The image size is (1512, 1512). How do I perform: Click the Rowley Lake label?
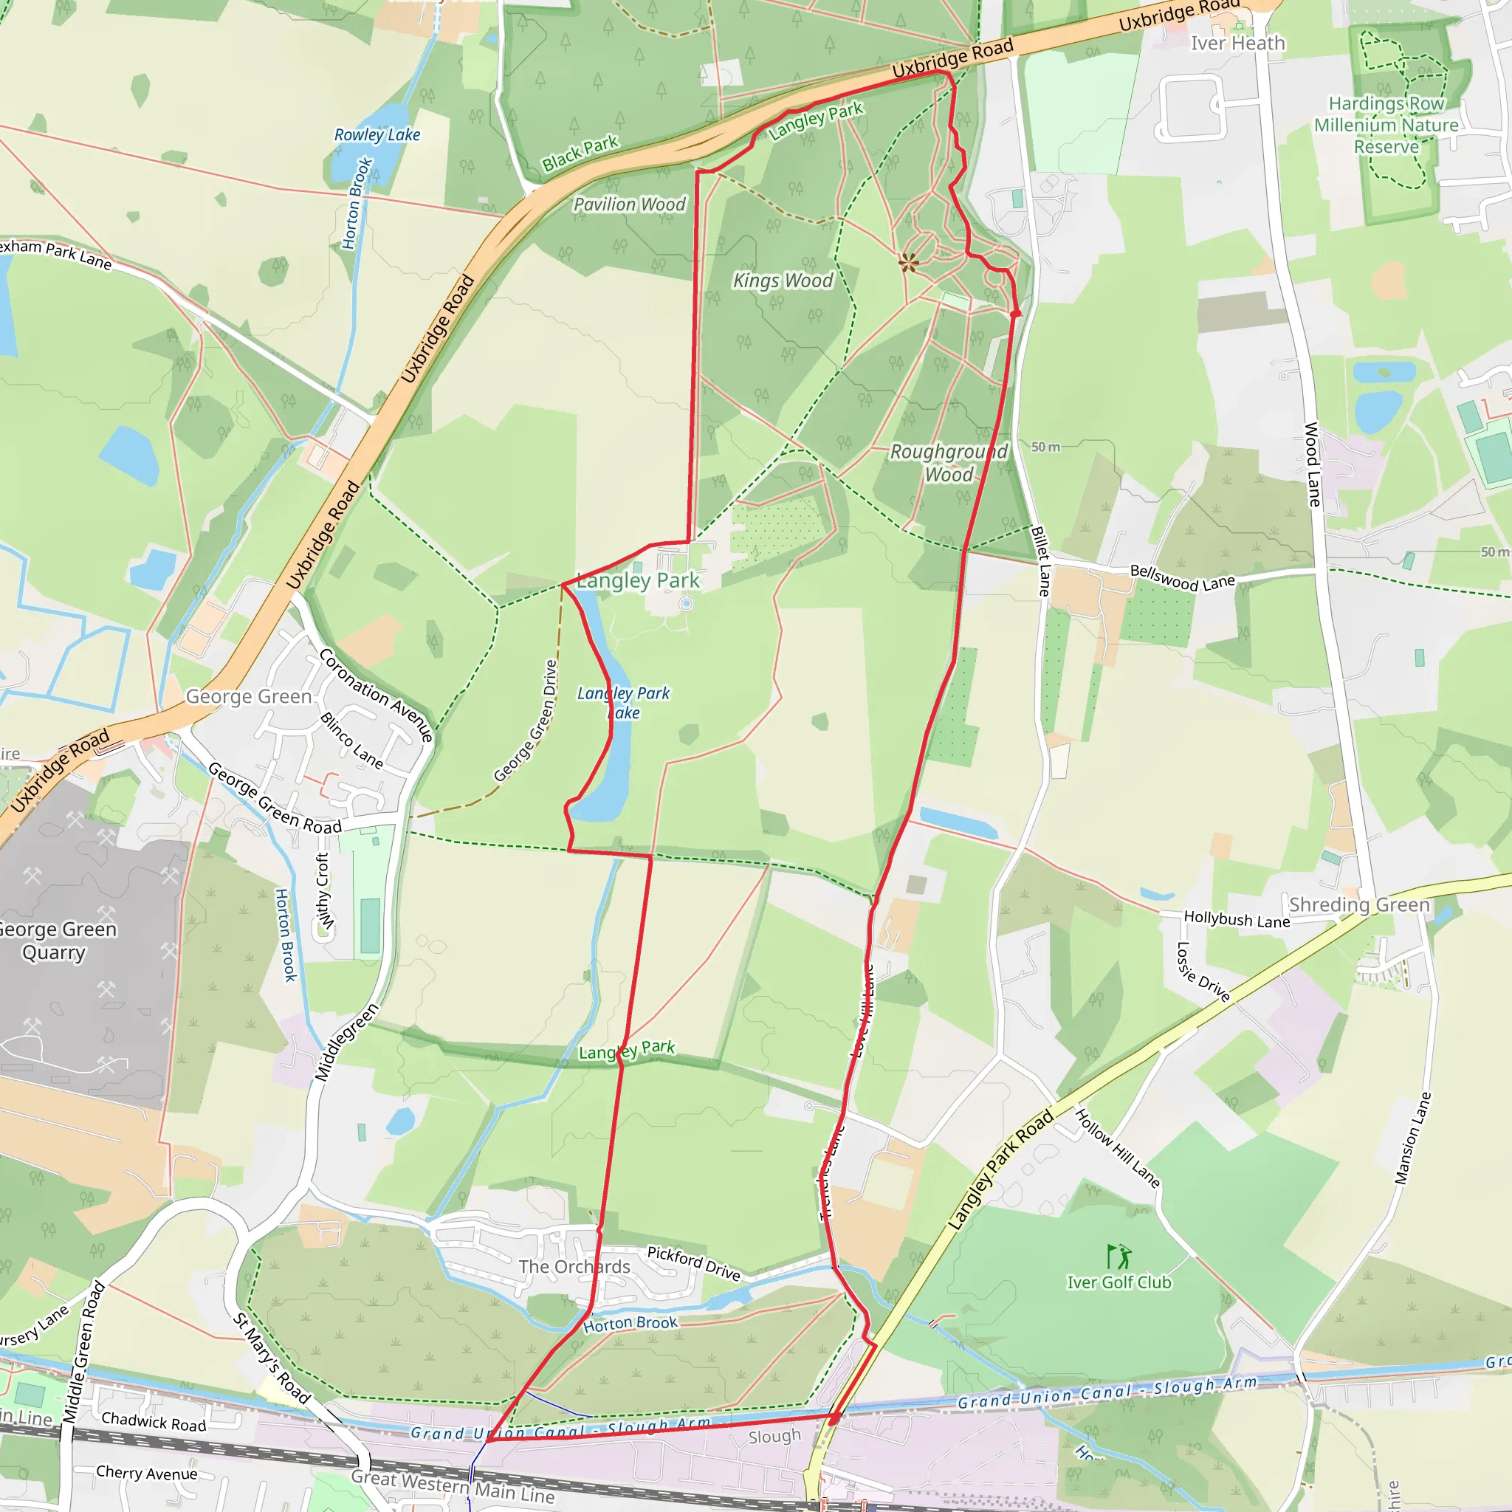click(x=377, y=134)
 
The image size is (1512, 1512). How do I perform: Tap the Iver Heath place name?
click(x=1237, y=44)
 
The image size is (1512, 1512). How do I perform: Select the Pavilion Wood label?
click(x=629, y=205)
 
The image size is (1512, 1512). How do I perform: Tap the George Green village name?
click(x=248, y=696)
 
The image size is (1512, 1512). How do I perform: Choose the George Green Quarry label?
click(x=55, y=941)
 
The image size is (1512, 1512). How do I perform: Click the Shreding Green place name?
click(x=1358, y=904)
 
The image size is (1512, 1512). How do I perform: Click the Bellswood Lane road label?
click(x=1182, y=578)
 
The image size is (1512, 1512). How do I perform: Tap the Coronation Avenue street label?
click(x=376, y=694)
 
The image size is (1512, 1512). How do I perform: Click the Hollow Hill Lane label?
click(x=1117, y=1147)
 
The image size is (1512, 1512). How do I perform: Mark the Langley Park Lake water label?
click(x=624, y=703)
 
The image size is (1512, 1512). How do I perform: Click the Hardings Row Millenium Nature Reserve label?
click(x=1386, y=126)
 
